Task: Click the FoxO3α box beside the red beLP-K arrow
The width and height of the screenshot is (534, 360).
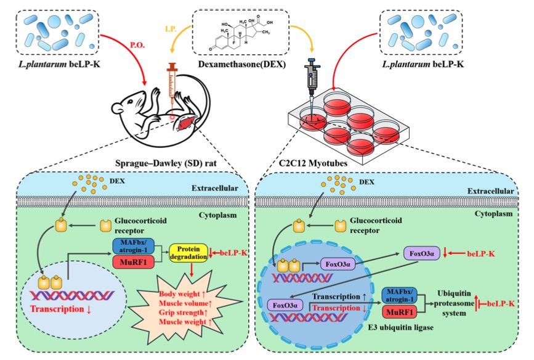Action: pyautogui.click(x=422, y=253)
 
